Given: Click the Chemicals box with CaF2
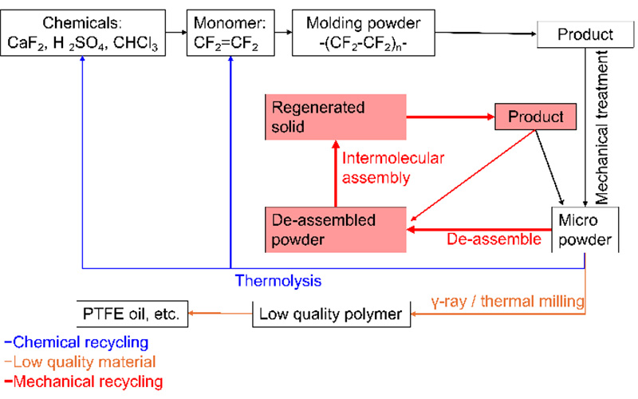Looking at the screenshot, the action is pos(83,33).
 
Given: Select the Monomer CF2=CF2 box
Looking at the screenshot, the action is pos(230,33).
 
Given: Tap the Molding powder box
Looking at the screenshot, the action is pos(364,33).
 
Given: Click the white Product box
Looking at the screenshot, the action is pos(585,34).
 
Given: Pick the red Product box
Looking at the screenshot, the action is pos(535,117).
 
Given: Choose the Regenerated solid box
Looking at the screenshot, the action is pos(336,117).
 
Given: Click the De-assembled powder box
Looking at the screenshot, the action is pos(336,230).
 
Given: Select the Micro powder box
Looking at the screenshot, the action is pos(585,230).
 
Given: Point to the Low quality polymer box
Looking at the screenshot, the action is pos(331,314).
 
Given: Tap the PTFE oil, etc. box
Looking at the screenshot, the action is pos(132,314).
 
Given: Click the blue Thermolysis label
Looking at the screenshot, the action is pos(278,281).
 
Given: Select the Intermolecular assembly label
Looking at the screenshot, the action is pos(393,168).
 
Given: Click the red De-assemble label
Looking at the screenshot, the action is pos(494,239).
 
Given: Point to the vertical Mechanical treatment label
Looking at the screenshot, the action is pos(601,127).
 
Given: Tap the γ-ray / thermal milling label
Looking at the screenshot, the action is pos(508,302).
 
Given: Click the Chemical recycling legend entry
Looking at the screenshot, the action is pos(77,342).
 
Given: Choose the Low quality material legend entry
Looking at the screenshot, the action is pos(81,362).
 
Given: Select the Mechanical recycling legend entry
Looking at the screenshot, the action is pos(84,381).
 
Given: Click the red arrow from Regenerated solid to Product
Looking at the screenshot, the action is pos(451,117).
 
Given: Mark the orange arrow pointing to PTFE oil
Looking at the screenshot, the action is pos(220,314).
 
